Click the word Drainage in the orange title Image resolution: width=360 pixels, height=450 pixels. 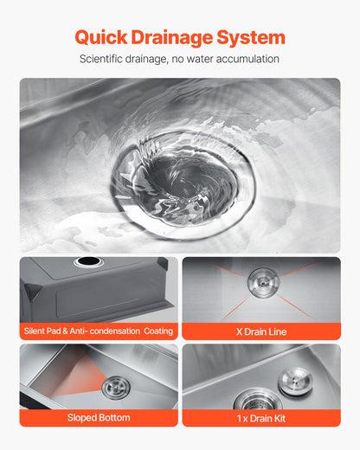point(174,37)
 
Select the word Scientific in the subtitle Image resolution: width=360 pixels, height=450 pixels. point(106,59)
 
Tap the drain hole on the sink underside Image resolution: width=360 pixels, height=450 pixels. point(87,262)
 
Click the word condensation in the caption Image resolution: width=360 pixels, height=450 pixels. point(111,331)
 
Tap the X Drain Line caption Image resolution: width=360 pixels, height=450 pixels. point(260,331)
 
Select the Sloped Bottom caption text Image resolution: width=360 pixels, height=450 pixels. point(98,417)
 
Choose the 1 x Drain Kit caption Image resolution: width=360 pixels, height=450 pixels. point(260,417)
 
